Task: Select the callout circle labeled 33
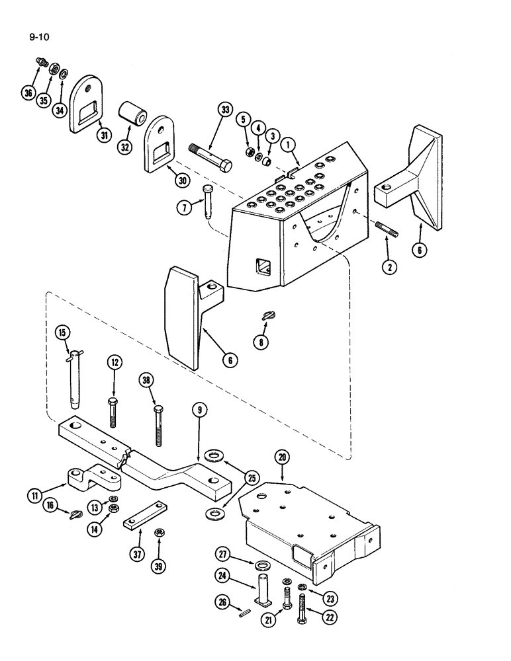(x=226, y=112)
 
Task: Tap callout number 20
(x=282, y=456)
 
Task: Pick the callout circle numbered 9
(x=198, y=410)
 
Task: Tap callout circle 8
(x=264, y=343)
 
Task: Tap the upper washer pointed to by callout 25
(x=215, y=456)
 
